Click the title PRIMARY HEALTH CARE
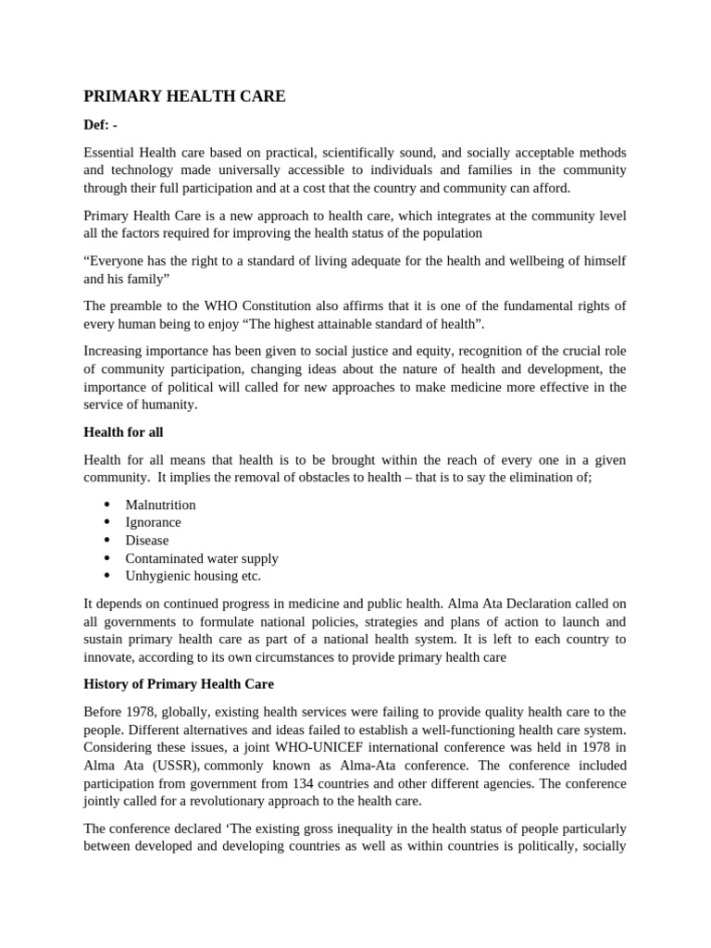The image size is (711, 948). pyautogui.click(x=185, y=97)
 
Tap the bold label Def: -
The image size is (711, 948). pyautogui.click(x=101, y=125)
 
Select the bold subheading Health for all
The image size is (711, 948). pyautogui.click(x=123, y=431)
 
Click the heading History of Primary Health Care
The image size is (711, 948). pyautogui.click(x=179, y=684)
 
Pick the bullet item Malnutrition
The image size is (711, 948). pyautogui.click(x=161, y=505)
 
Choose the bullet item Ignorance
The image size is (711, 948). pyautogui.click(x=154, y=522)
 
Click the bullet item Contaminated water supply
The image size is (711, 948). pyautogui.click(x=202, y=558)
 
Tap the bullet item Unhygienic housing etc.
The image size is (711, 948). pyautogui.click(x=193, y=576)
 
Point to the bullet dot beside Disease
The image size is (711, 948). pyautogui.click(x=107, y=541)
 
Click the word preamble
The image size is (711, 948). pyautogui.click(x=141, y=306)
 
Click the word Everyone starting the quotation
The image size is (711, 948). pyautogui.click(x=118, y=261)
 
